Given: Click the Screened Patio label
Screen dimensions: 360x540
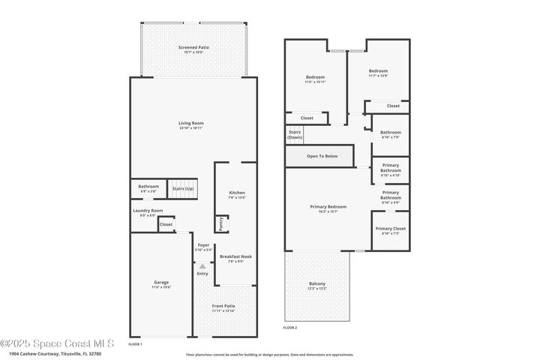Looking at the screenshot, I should tap(193, 48).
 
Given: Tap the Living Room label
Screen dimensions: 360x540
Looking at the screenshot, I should tap(191, 123).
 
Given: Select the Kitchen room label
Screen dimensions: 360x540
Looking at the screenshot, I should tap(237, 193).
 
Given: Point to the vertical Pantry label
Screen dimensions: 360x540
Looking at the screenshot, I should tap(221, 223).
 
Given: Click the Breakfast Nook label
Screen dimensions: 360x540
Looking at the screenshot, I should tap(235, 256).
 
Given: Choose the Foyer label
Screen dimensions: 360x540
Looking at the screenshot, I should tap(203, 245).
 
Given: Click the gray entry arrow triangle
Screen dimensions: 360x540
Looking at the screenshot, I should tap(202, 265).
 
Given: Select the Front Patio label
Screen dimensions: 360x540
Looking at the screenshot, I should tap(223, 306).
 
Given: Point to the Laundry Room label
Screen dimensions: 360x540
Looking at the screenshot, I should tap(148, 211).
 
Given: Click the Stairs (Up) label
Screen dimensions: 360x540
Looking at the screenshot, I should tap(183, 188).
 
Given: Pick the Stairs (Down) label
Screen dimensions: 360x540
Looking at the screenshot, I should tap(295, 135).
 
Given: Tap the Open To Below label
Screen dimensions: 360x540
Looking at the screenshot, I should tap(322, 156).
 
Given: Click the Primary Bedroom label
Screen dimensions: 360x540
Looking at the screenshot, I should tap(328, 206).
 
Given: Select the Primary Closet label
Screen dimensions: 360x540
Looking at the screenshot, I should tap(390, 229).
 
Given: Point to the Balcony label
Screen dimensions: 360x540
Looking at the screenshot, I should tap(317, 283).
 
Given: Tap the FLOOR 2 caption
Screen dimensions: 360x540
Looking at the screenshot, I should tap(290, 328).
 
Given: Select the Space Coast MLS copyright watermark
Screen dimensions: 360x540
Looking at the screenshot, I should tap(56, 343).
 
